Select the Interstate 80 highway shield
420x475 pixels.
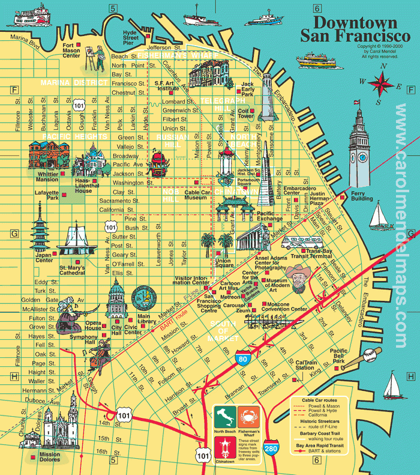click(x=243, y=358)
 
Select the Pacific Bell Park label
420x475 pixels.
click(x=338, y=354)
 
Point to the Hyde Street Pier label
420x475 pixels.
click(x=130, y=36)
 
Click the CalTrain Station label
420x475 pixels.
click(x=309, y=366)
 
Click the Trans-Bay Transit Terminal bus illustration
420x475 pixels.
click(x=298, y=243)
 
